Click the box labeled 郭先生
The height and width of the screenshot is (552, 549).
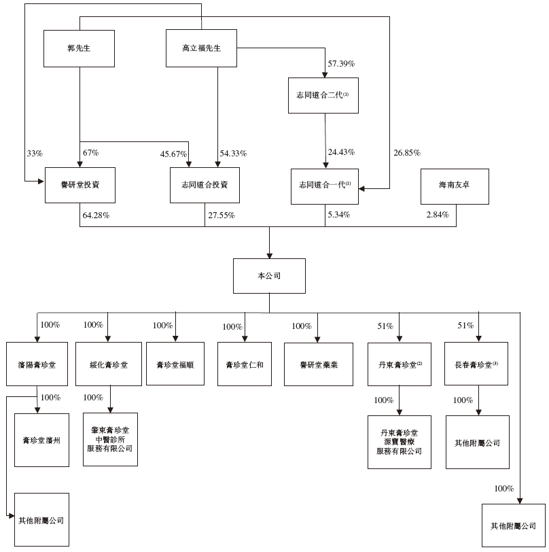click(x=79, y=49)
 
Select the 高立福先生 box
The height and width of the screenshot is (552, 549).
click(x=201, y=49)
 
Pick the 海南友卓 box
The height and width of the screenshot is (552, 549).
click(x=455, y=186)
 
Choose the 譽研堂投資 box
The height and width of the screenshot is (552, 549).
click(x=79, y=186)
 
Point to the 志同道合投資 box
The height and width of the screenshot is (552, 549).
click(x=205, y=186)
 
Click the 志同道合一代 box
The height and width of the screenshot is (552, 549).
click(x=324, y=186)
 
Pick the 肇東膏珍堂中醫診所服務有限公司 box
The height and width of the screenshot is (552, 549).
click(x=110, y=439)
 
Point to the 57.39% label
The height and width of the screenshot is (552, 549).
click(x=342, y=63)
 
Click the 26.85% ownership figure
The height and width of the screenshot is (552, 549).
click(x=408, y=152)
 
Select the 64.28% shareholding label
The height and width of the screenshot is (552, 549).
click(x=96, y=215)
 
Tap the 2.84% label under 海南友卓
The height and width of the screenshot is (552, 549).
click(x=438, y=215)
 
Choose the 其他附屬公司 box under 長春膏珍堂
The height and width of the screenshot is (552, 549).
click(x=477, y=443)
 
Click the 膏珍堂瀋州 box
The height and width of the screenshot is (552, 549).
click(x=42, y=440)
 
